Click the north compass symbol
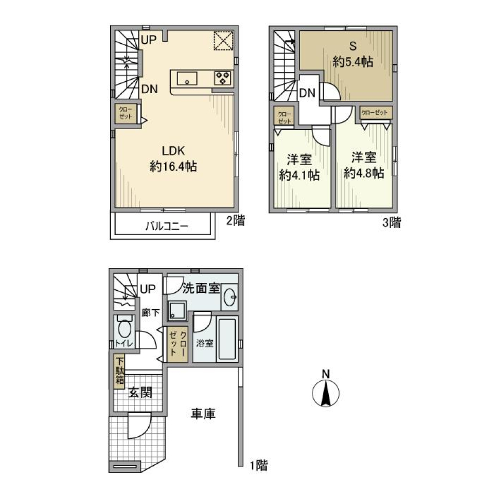[326, 393]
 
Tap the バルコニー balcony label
[166, 225]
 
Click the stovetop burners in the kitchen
[222, 78]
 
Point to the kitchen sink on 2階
[187, 79]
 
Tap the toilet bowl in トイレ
[124, 328]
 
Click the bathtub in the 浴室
[227, 340]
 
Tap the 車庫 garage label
[203, 413]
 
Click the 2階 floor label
[236, 221]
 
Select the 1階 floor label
[259, 466]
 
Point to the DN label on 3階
[307, 93]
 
